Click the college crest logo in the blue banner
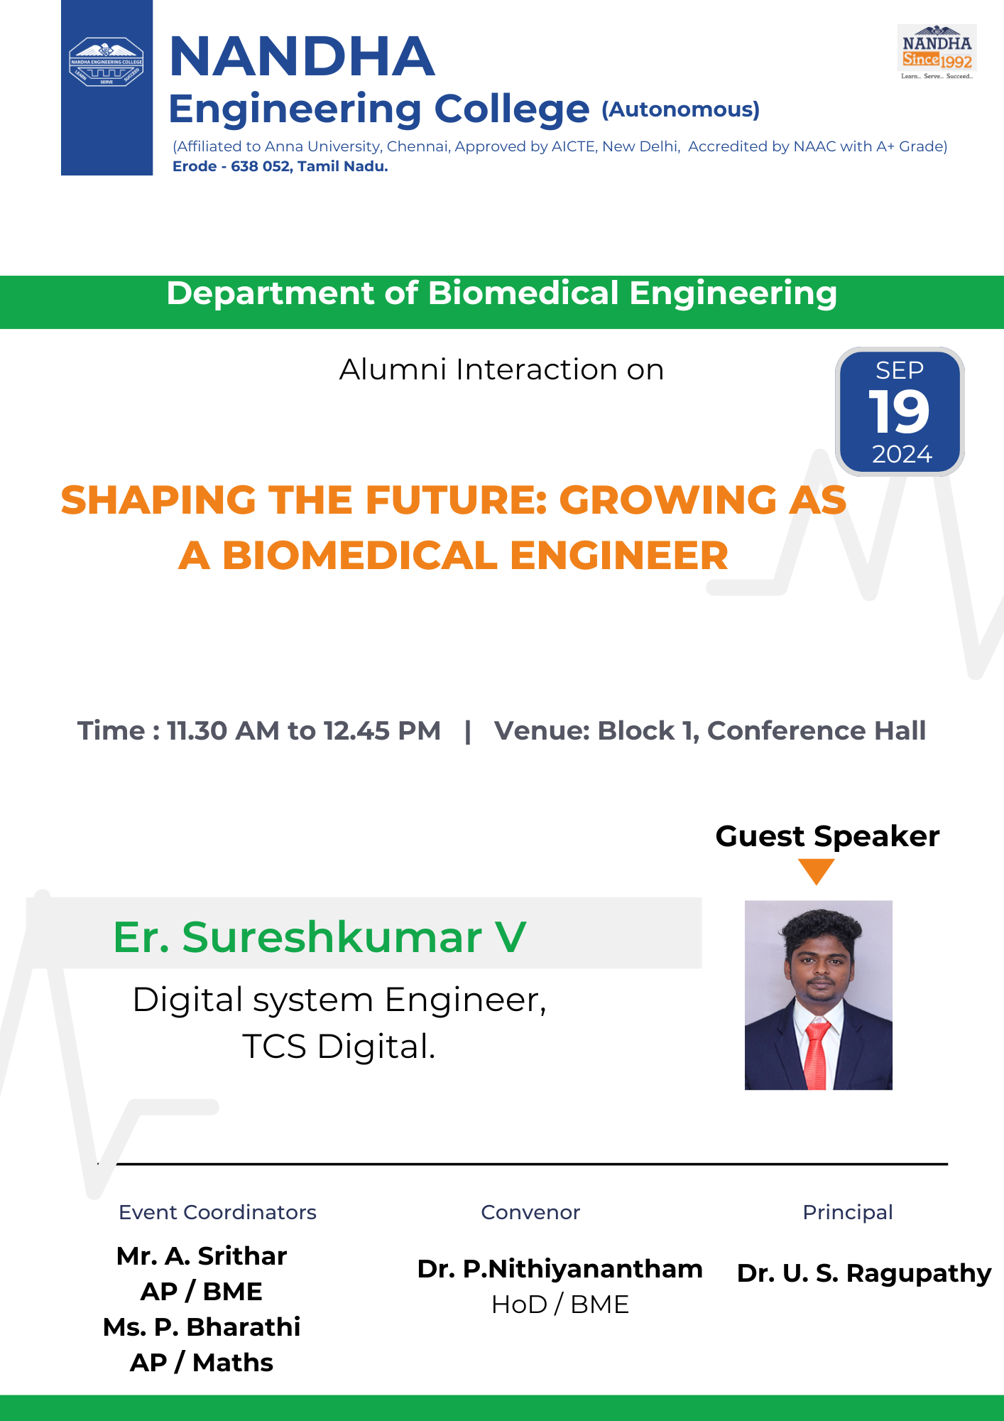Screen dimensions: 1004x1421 [x=107, y=62]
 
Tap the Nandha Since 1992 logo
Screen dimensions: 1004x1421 [x=937, y=52]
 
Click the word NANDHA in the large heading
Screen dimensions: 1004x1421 [x=302, y=57]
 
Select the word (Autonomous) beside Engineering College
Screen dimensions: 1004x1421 [x=681, y=109]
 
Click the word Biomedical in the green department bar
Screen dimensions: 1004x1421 [x=524, y=293]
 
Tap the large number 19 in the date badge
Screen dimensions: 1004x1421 [x=899, y=411]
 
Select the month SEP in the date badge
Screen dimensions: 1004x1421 [x=900, y=370]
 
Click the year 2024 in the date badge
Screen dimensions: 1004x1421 [x=902, y=454]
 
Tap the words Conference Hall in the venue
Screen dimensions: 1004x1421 [x=817, y=730]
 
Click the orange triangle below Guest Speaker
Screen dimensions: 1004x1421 [x=817, y=870]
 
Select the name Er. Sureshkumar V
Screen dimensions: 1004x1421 [x=320, y=936]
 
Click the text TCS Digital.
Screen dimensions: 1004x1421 [x=339, y=1047]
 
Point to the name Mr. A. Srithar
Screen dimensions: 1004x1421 [x=202, y=1255]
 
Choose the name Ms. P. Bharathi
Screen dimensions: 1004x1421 [x=202, y=1327]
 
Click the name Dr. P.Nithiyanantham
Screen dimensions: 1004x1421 [x=560, y=1268]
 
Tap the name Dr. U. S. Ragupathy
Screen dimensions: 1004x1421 [x=864, y=1273]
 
